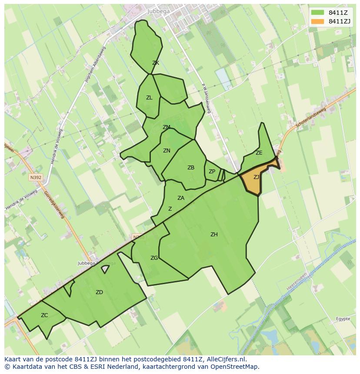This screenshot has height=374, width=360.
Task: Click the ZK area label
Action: (x=155, y=63)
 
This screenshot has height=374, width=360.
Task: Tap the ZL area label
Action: (x=149, y=98)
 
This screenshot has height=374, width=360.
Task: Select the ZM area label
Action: (x=166, y=127)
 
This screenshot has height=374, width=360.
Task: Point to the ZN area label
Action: (x=167, y=151)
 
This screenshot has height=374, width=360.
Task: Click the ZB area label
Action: (x=191, y=168)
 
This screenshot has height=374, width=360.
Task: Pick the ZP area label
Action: (x=212, y=172)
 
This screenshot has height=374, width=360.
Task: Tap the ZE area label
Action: (x=259, y=153)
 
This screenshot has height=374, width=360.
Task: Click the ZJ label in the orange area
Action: (x=257, y=177)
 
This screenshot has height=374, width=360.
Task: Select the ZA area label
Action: (x=181, y=198)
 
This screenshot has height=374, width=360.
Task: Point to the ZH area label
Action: (x=214, y=235)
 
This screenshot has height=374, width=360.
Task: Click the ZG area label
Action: (x=154, y=258)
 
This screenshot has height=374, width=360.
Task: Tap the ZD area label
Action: (x=99, y=292)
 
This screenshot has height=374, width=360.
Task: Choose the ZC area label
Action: (x=44, y=315)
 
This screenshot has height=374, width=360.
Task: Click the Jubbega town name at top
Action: (x=158, y=11)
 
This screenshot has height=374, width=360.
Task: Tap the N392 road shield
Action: (x=35, y=178)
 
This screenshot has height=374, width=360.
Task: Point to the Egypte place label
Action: (x=343, y=319)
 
